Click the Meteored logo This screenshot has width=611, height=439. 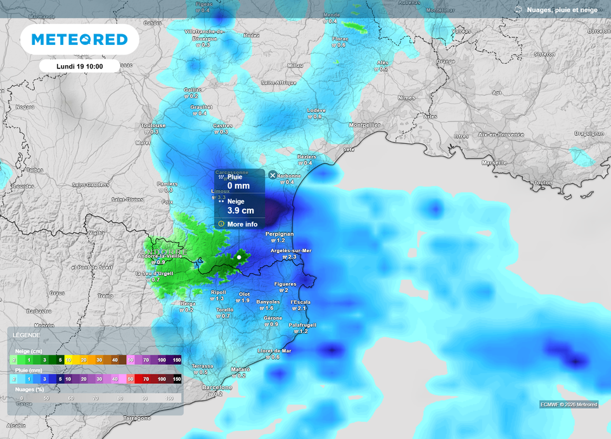tap(79, 40)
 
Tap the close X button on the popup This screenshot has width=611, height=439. tap(273, 175)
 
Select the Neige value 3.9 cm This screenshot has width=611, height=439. tap(240, 210)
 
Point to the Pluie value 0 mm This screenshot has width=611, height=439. tap(238, 186)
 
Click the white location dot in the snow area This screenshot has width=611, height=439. tap(239, 257)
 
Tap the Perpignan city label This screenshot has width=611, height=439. tap(280, 234)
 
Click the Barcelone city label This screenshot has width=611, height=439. tap(217, 387)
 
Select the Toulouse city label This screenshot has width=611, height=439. tap(153, 125)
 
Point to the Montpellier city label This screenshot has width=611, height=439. tap(364, 125)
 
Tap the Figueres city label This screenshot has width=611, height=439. tap(286, 284)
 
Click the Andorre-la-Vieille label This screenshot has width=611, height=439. tap(159, 256)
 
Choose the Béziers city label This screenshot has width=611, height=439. tap(307, 156)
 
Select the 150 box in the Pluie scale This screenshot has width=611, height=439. tap(177, 379)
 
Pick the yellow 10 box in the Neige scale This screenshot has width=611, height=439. tap(68, 360)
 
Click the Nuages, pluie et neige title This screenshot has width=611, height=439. tap(562, 10)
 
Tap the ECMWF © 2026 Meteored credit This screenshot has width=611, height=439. tap(569, 404)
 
